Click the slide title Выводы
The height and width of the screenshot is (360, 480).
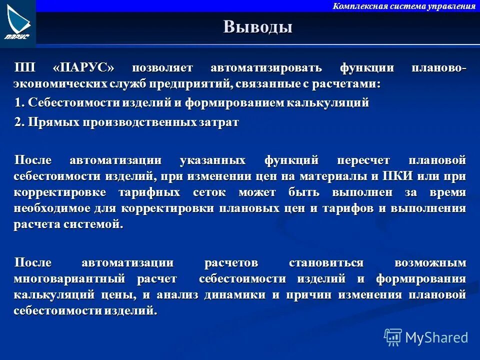pos(257,26)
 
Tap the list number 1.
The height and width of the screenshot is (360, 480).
pos(18,103)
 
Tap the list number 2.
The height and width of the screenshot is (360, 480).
pos(18,122)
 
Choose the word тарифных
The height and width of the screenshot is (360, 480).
pos(146,192)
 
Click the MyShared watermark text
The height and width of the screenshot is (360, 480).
pos(436,337)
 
